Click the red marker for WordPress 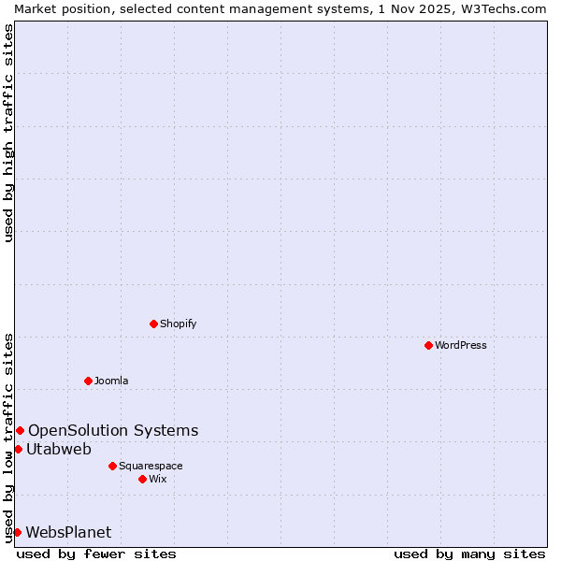coord(428,345)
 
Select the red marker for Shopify coord(153,324)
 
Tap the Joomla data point coord(88,381)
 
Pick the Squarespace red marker coord(112,466)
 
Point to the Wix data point coord(142,479)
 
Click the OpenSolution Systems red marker coord(20,430)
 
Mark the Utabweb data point coord(18,449)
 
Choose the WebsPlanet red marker coord(17,532)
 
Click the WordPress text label coord(461,345)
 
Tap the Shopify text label coord(178,324)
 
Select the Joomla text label coord(111,381)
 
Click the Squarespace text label coord(151,466)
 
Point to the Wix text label coord(157,479)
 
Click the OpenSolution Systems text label coord(113,430)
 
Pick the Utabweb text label coord(59,449)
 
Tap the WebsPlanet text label coord(68,532)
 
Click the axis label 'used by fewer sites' coord(96,554)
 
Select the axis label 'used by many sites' coord(469,554)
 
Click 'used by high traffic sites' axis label coord(8,133)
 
